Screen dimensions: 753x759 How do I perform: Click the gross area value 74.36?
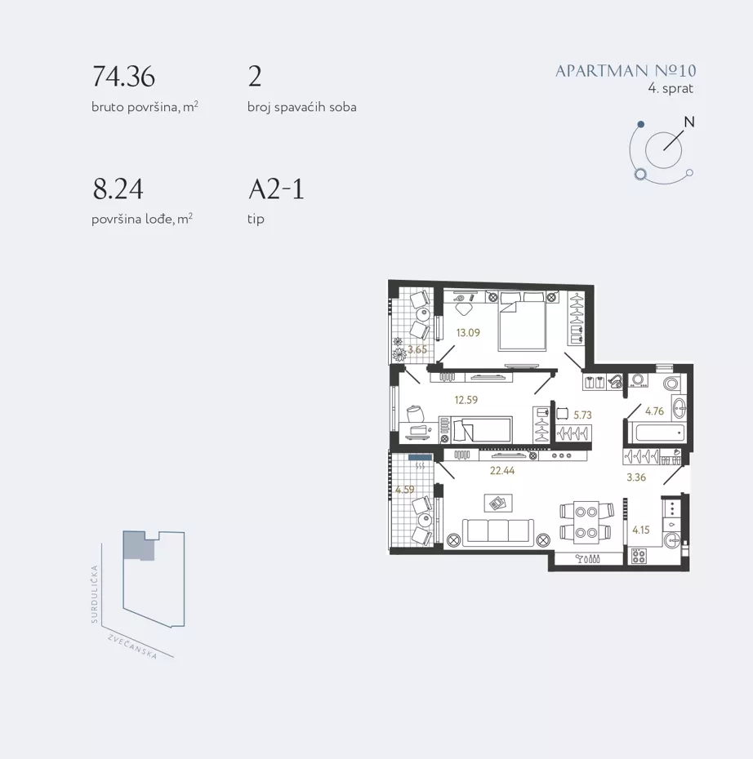[123, 77]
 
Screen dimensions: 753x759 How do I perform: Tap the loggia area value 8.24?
[118, 189]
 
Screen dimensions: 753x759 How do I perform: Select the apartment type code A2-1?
[277, 189]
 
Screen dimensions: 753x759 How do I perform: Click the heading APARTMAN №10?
[626, 71]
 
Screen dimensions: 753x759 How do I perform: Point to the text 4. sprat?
[671, 89]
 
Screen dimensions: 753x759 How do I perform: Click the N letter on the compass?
[689, 122]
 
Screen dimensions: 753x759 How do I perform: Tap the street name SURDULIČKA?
[95, 594]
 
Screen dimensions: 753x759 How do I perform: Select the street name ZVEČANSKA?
[132, 646]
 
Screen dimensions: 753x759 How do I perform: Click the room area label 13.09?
[468, 332]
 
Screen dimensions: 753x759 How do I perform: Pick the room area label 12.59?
[466, 400]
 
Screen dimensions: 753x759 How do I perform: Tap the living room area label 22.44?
[502, 471]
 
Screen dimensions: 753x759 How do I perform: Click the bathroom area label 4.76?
[654, 411]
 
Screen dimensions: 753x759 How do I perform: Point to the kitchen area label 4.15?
[640, 530]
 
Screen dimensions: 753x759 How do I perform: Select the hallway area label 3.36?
[636, 477]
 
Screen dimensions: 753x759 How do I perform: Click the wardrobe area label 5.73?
[582, 415]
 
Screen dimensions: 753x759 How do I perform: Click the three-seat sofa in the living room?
[498, 532]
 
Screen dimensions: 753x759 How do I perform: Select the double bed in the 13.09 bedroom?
[523, 321]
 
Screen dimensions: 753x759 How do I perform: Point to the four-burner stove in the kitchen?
[639, 556]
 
